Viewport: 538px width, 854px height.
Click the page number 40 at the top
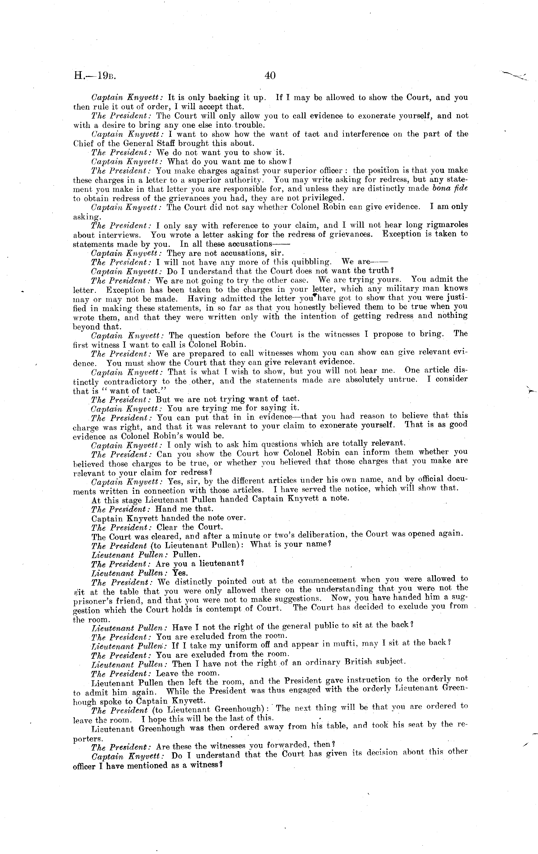[x=270, y=75]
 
